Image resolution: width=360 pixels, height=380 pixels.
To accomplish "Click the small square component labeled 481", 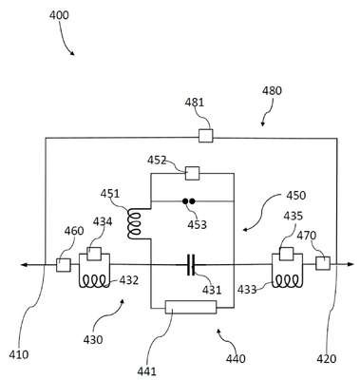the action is (205, 136).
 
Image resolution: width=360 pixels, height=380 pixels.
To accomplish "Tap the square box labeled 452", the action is (192, 173).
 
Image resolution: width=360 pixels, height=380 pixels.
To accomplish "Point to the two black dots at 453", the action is (188, 200).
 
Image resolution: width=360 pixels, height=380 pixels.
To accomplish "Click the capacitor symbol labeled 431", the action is (191, 264).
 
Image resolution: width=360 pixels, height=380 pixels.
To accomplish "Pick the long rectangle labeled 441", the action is (191, 307).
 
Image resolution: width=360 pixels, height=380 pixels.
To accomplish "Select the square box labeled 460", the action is (64, 265).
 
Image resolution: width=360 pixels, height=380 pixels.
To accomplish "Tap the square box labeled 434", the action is (94, 254).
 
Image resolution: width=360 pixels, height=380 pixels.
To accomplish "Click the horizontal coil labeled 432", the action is (94, 280).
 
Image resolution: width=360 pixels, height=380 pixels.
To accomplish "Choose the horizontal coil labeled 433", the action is (287, 280).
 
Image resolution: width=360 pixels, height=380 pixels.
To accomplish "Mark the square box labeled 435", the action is (286, 254).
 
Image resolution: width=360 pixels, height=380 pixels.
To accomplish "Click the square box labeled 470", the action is (323, 263).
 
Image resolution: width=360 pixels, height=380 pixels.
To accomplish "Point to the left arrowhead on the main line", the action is (24, 264).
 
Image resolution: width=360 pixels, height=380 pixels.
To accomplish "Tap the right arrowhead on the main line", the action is (350, 264).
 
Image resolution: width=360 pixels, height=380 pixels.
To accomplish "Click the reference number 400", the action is (59, 15).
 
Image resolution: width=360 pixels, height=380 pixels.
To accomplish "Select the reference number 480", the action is (272, 91).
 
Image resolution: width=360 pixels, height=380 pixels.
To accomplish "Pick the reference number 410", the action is (19, 354).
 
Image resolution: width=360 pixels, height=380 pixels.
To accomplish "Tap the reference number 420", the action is (327, 359).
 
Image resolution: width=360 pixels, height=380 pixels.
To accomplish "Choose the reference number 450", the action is (296, 196).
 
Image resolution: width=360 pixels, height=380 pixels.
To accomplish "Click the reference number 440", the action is (236, 359).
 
